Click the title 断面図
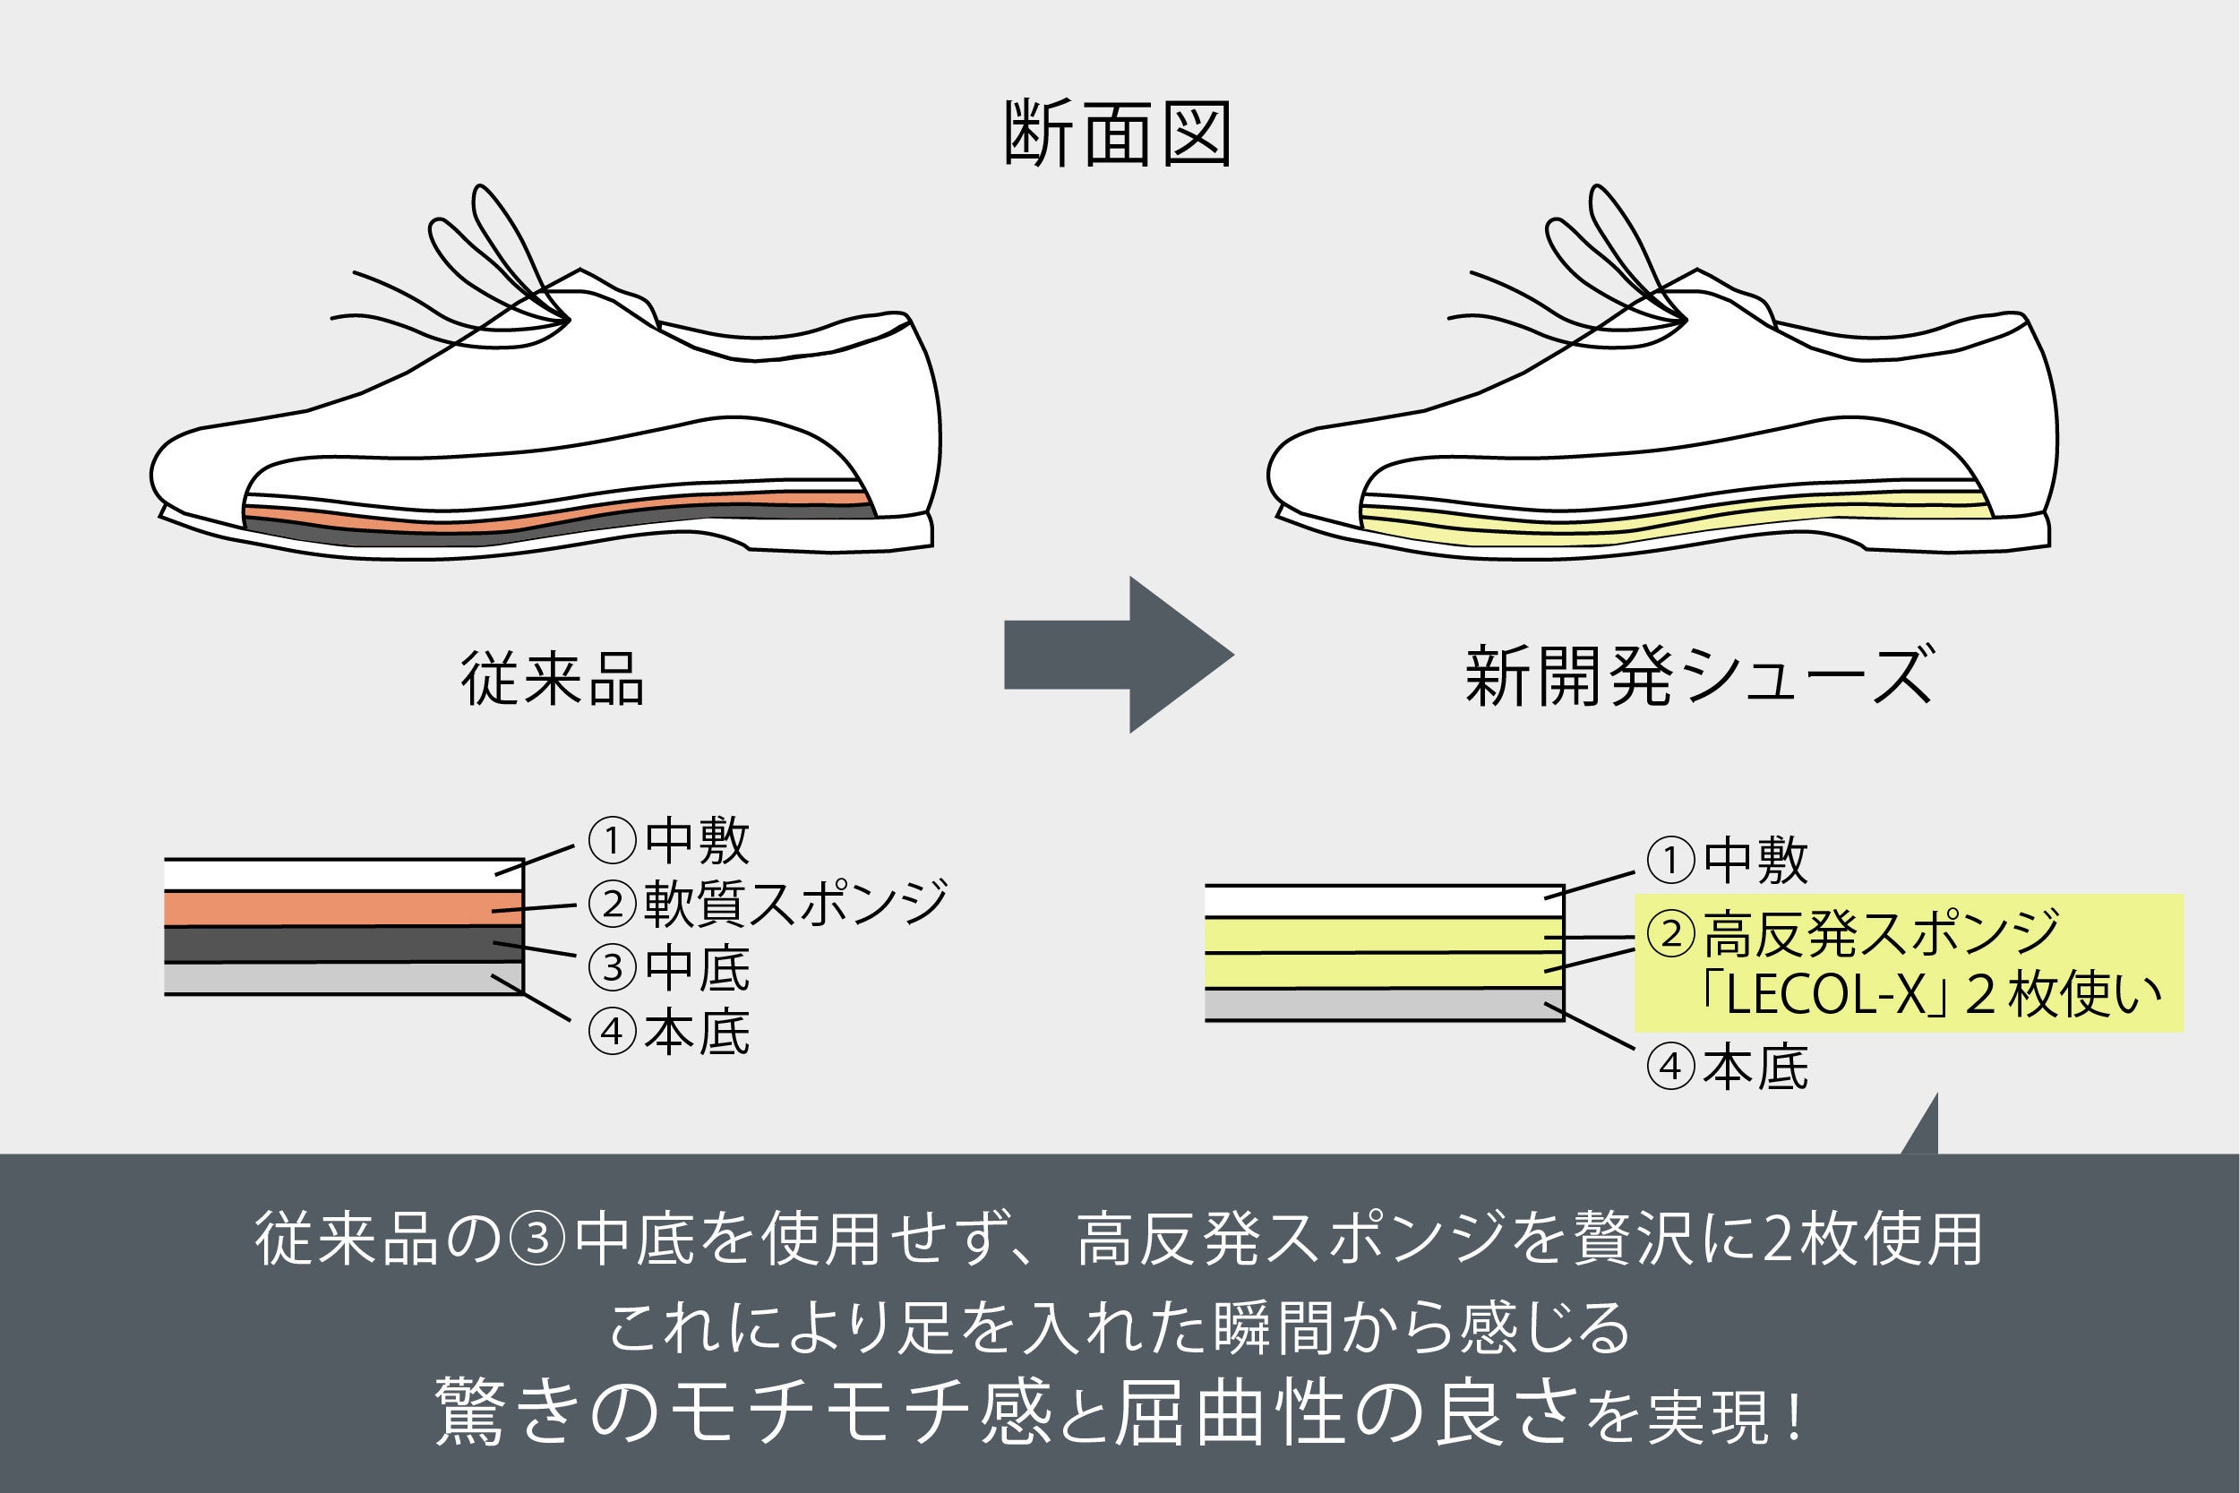(1118, 133)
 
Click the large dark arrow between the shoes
(1118, 654)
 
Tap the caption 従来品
(552, 678)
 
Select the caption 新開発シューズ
(1698, 676)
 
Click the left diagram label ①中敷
(669, 840)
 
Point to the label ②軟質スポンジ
(768, 903)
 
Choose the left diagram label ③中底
(669, 968)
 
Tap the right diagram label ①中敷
(1727, 861)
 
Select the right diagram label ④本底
(1727, 1067)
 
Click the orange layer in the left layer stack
(343, 908)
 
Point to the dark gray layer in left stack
(343, 944)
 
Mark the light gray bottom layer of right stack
(1383, 1005)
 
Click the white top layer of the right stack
(1383, 901)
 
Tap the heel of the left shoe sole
(837, 532)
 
